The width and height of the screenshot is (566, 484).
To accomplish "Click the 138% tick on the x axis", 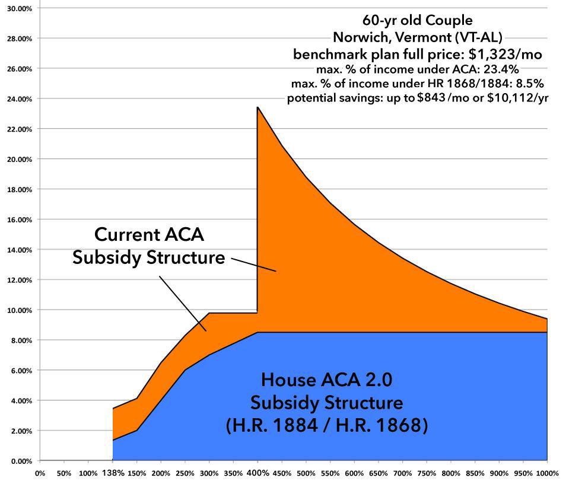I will (113, 473).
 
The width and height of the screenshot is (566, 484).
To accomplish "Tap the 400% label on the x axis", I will (257, 473).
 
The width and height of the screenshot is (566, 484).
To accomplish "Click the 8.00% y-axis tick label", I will (20, 340).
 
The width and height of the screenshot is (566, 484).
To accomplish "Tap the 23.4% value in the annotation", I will (501, 69).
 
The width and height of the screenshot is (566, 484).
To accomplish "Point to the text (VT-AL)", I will (479, 37).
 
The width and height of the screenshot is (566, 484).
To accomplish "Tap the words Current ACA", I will (150, 235).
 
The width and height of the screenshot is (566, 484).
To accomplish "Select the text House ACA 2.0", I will (326, 378).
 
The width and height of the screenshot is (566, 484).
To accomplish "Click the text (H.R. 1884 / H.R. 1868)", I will (326, 426).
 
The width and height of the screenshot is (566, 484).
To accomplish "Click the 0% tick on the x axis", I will (40, 474).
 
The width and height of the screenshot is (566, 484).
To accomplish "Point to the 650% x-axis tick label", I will (379, 474).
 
